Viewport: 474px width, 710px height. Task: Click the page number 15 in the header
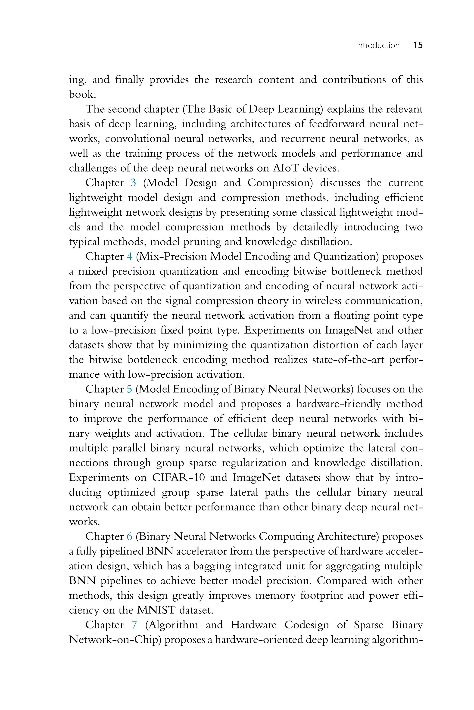tap(418, 45)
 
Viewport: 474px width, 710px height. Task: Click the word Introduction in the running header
tap(377, 46)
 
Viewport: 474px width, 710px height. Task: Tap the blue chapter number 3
tap(133, 183)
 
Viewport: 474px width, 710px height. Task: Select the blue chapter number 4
tap(130, 257)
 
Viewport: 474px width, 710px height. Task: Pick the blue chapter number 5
tap(129, 389)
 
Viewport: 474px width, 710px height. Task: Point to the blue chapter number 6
tap(130, 536)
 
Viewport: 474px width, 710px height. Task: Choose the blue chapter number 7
tap(134, 625)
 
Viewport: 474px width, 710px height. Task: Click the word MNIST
tap(156, 610)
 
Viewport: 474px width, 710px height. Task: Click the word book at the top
tap(82, 95)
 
